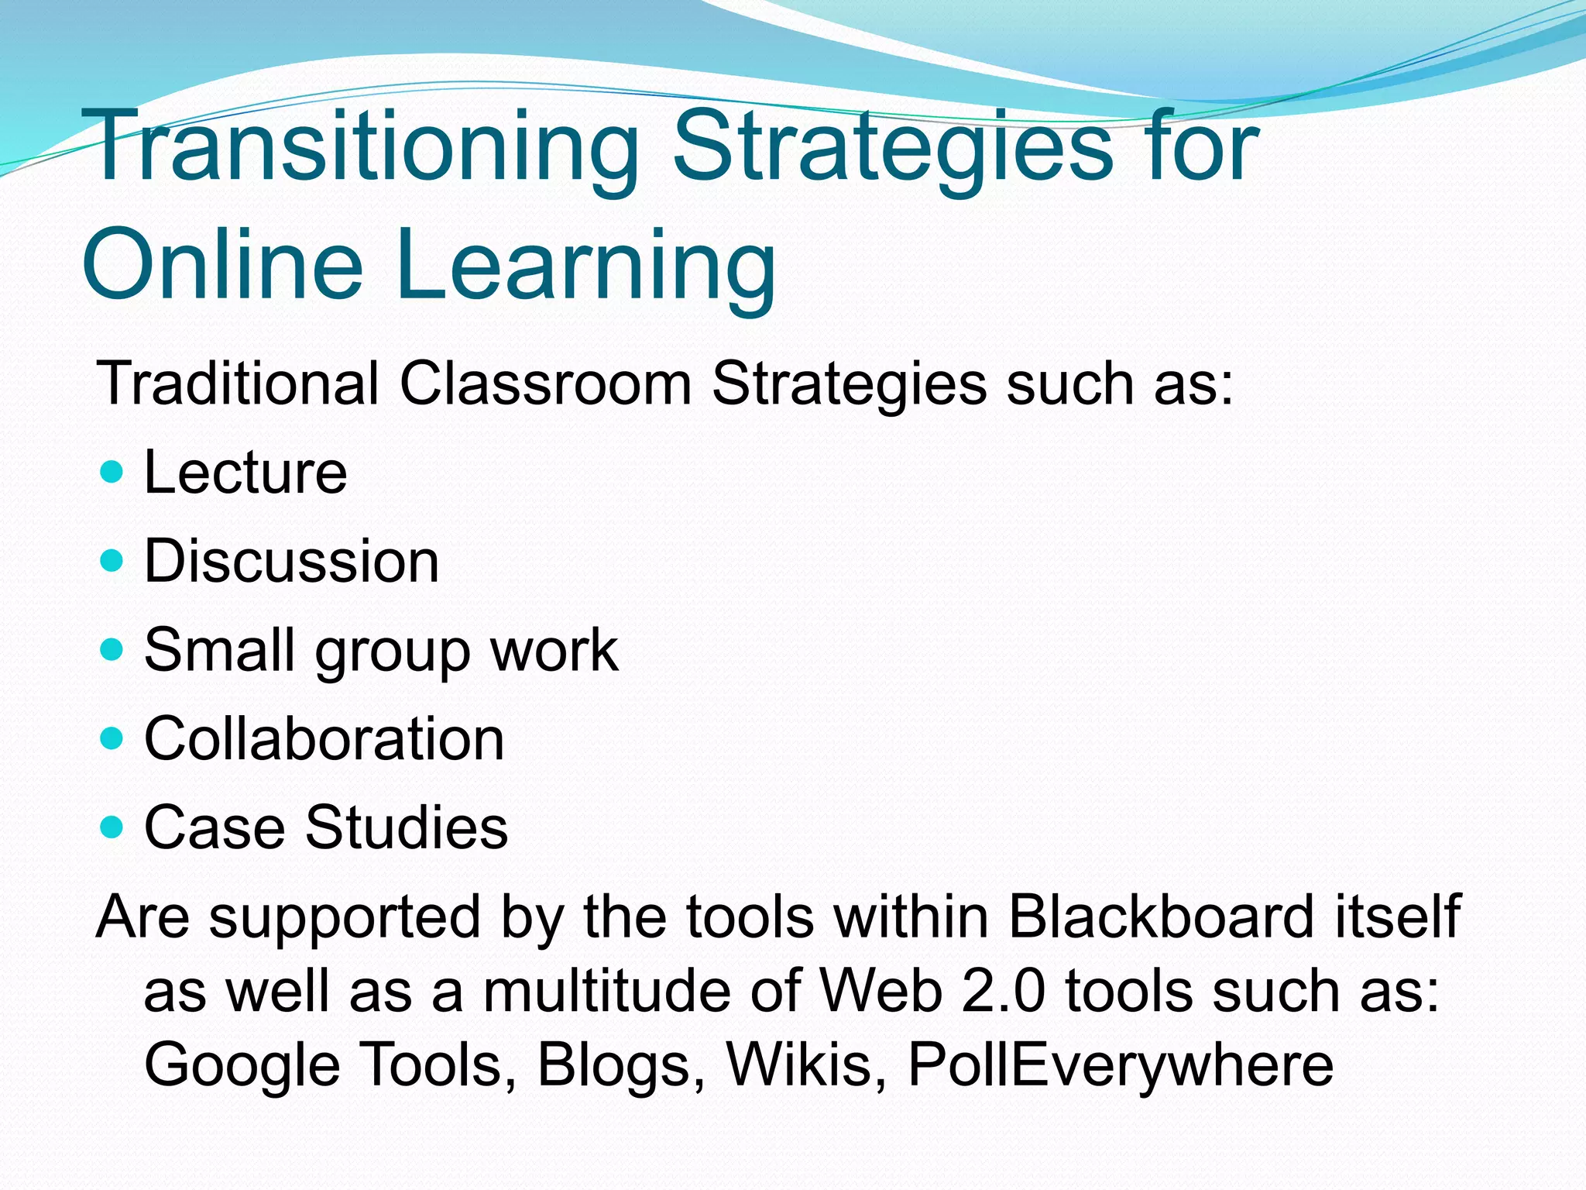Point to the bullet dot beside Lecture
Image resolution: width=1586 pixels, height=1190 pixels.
click(112, 471)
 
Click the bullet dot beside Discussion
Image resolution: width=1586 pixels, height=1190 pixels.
click(112, 559)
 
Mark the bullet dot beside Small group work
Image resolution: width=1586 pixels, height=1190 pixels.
click(112, 648)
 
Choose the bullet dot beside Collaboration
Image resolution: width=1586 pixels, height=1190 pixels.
click(112, 738)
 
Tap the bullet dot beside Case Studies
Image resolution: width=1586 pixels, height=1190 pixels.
click(112, 827)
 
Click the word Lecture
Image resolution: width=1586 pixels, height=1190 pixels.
click(245, 473)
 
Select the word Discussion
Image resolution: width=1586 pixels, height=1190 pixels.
click(291, 561)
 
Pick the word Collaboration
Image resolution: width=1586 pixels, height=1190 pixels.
click(324, 739)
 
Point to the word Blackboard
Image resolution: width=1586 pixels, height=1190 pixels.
click(1161, 917)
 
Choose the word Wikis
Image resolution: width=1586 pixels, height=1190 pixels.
click(806, 1064)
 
